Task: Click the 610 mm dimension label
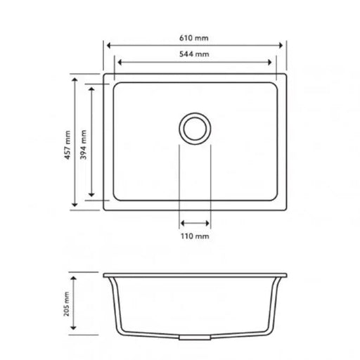[195, 37]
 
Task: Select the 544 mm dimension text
[195, 54]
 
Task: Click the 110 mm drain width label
[195, 237]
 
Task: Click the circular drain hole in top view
[195, 128]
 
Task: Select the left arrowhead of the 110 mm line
[183, 223]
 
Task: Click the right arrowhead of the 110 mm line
[207, 223]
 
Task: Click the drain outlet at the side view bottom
[195, 338]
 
